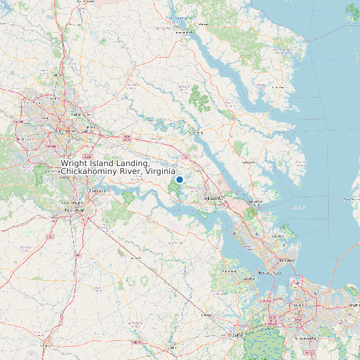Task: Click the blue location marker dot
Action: pos(179,179)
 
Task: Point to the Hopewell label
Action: pos(98,191)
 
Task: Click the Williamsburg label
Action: pos(214,199)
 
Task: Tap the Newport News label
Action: pos(267,272)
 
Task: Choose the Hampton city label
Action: pos(287,260)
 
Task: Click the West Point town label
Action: pos(196,133)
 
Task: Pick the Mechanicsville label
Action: pos(80,114)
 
